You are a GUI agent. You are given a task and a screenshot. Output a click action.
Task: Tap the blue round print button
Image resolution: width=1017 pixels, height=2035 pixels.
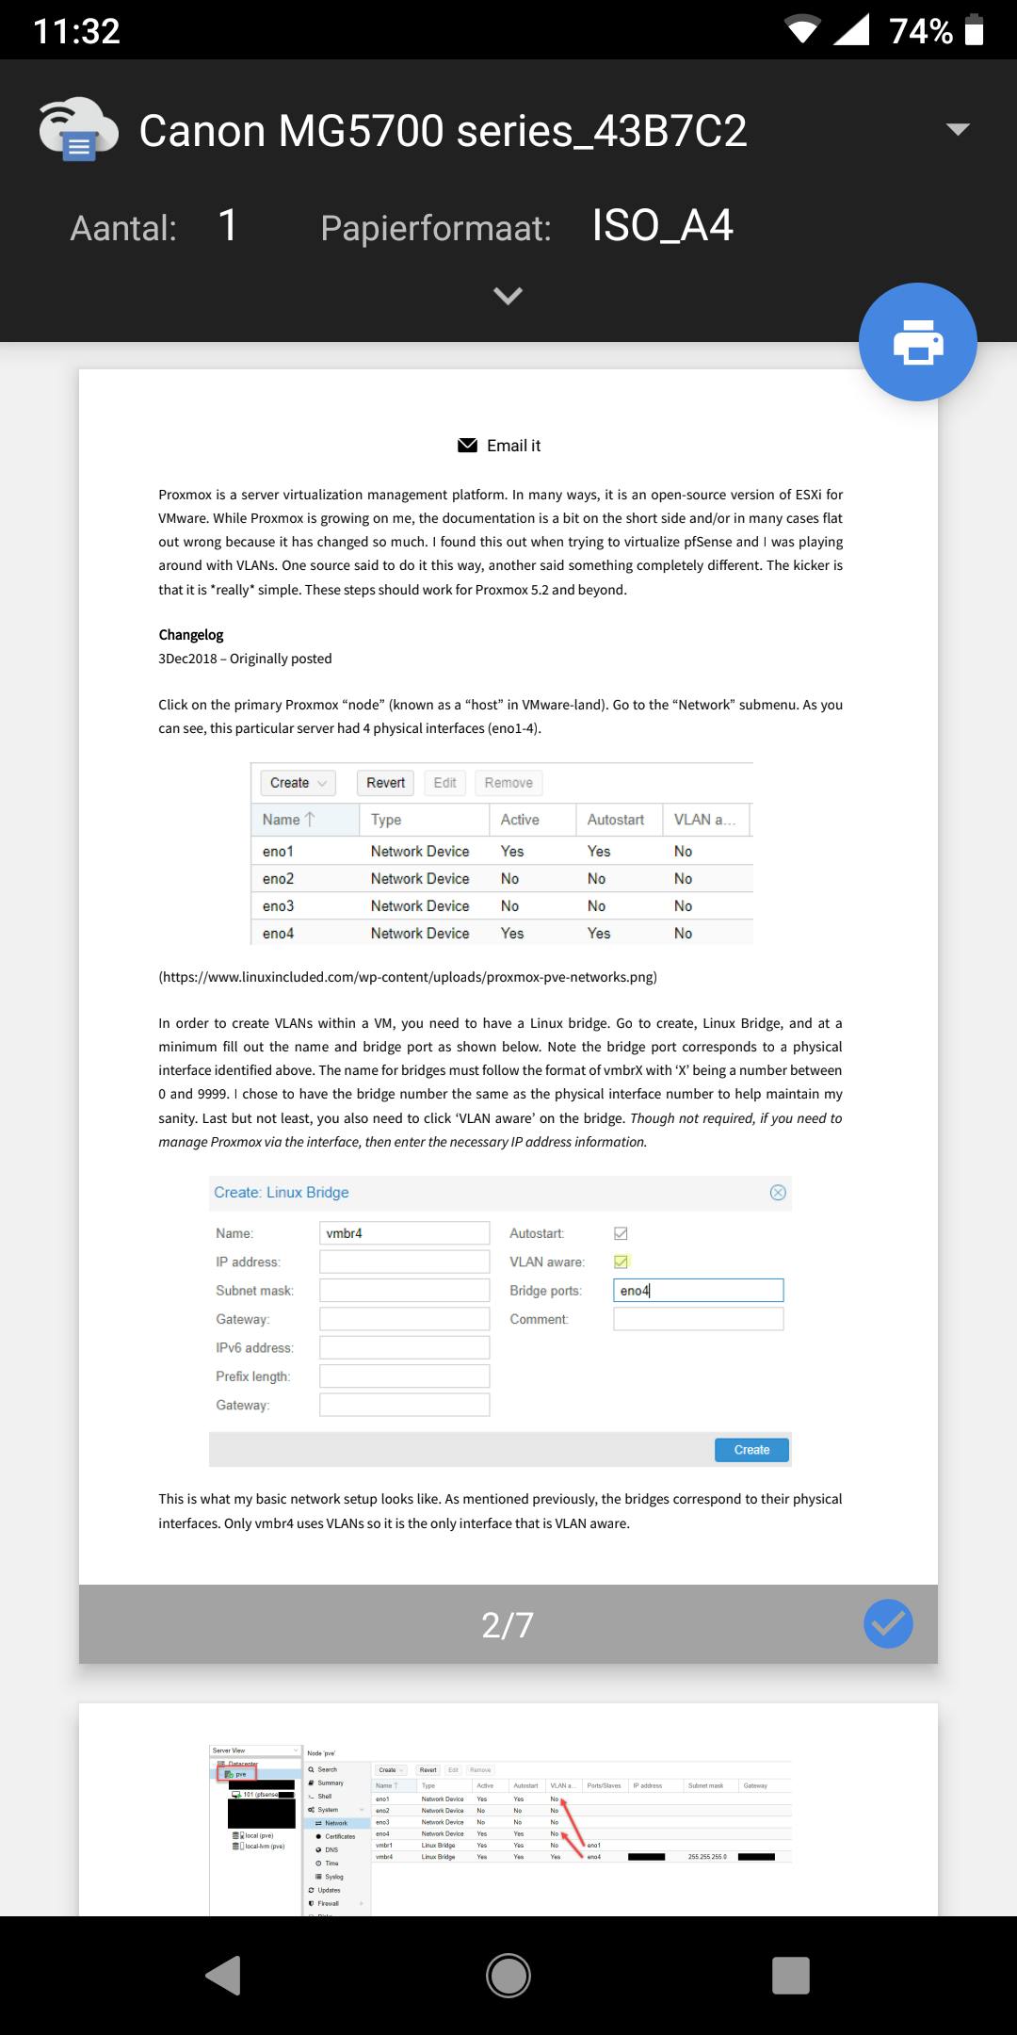917,342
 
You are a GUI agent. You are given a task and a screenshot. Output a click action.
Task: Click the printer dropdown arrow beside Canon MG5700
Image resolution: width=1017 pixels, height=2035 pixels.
958,130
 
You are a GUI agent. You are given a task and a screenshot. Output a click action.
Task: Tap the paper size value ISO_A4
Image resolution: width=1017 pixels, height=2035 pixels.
662,226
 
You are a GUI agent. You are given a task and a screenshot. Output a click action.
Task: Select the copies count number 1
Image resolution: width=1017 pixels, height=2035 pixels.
228,226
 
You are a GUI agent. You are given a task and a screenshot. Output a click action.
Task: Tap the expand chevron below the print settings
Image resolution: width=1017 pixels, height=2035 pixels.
508,296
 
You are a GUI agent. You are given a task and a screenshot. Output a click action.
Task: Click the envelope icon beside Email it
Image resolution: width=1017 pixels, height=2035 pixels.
467,446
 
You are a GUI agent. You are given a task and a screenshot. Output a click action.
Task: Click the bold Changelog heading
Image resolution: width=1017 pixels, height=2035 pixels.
191,635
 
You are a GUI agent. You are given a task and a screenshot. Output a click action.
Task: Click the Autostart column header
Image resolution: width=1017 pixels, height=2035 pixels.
616,820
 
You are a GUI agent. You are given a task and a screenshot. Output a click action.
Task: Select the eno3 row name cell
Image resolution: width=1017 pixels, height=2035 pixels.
279,905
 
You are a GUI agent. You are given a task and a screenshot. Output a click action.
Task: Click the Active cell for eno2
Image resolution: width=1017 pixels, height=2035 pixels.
509,878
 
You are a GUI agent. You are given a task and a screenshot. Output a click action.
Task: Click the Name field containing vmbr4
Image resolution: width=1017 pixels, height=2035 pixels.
404,1233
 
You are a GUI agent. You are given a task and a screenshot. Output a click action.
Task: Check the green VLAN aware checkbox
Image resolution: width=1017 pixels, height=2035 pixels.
621,1262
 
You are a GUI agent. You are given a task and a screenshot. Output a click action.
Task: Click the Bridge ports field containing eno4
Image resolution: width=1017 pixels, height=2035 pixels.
698,1291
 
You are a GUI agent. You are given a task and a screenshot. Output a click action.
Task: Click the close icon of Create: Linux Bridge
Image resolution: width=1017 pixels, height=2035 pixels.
778,1193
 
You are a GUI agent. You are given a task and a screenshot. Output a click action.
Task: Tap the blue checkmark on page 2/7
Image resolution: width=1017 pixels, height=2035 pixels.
888,1623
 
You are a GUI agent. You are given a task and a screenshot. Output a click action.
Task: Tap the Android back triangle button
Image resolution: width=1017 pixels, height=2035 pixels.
224,1975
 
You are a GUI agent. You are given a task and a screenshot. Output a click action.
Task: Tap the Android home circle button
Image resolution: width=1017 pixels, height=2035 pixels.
508,1975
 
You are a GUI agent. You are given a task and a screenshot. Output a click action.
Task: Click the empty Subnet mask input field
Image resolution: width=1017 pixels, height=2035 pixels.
404,1291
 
